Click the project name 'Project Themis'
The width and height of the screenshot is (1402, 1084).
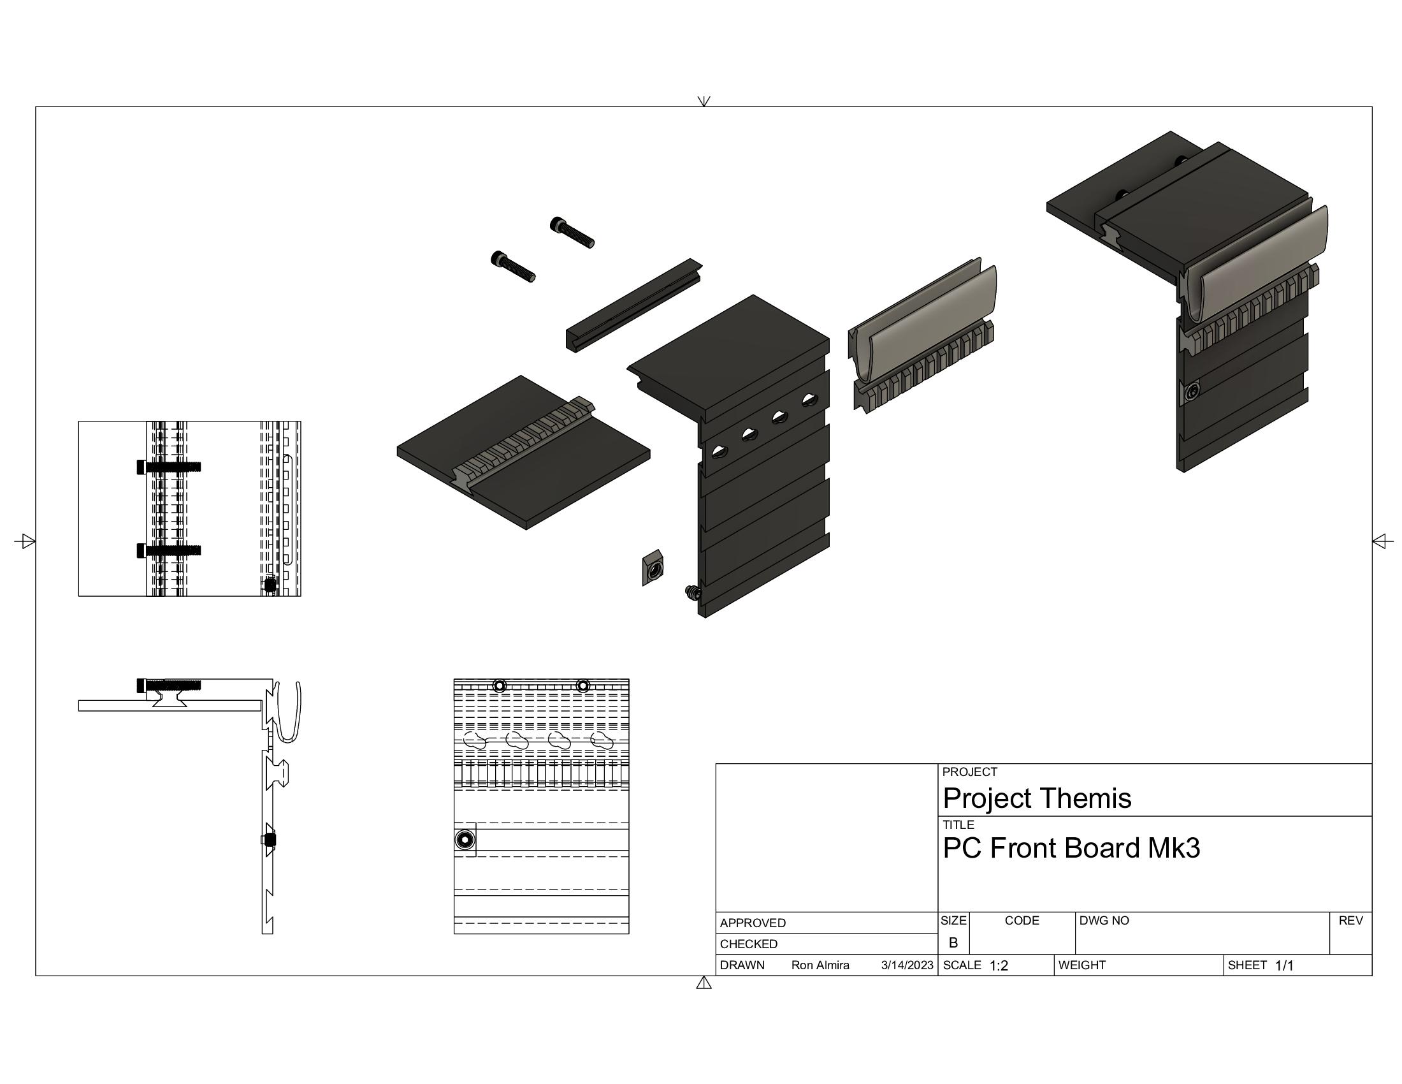pyautogui.click(x=1036, y=798)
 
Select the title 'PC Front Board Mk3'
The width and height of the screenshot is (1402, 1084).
pyautogui.click(x=1071, y=848)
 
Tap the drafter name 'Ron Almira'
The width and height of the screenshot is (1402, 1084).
pyautogui.click(x=820, y=965)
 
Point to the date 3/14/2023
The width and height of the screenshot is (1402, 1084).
pyautogui.click(x=906, y=965)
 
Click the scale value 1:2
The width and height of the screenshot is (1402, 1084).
pyautogui.click(x=998, y=966)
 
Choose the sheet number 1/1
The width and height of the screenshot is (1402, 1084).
pyautogui.click(x=1284, y=966)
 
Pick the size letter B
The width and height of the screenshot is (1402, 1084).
pyautogui.click(x=953, y=942)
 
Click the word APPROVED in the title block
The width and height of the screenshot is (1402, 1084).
pyautogui.click(x=753, y=923)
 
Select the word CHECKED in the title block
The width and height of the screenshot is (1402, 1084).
pyautogui.click(x=749, y=944)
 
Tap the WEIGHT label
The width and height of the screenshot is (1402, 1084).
pyautogui.click(x=1081, y=965)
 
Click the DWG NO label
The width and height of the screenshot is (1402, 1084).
pyautogui.click(x=1104, y=920)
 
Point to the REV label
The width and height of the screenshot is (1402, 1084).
pyautogui.click(x=1350, y=920)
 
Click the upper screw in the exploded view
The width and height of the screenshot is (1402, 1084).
pyautogui.click(x=572, y=233)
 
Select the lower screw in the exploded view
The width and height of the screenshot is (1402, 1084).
pyautogui.click(x=512, y=267)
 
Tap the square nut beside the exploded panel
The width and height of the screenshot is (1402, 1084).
pyautogui.click(x=653, y=568)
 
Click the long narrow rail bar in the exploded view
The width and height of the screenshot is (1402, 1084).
pyautogui.click(x=633, y=305)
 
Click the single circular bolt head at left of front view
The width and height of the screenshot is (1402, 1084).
pyautogui.click(x=465, y=840)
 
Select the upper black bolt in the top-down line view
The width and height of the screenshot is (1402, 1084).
pyautogui.click(x=169, y=467)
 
